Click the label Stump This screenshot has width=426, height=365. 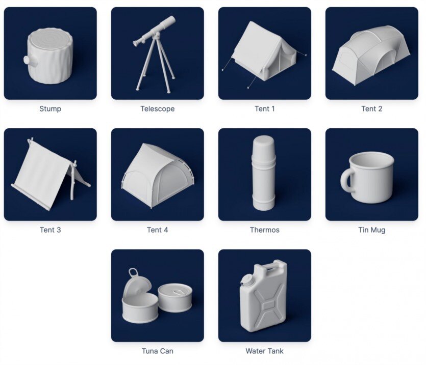click(50, 108)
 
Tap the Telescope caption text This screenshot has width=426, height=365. click(157, 108)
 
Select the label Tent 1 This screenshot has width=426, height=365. click(264, 108)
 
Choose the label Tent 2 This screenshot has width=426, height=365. click(371, 108)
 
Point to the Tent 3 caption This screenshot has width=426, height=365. click(50, 230)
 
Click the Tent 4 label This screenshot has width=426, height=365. click(157, 230)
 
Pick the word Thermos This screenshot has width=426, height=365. click(264, 230)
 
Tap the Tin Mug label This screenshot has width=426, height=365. click(371, 230)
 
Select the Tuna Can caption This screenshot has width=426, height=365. click(157, 351)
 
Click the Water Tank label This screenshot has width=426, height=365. click(264, 351)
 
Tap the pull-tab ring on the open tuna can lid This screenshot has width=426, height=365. click(133, 273)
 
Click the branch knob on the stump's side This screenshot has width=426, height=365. click(27, 60)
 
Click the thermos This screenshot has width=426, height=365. click(264, 173)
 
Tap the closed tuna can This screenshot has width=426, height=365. click(174, 298)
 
